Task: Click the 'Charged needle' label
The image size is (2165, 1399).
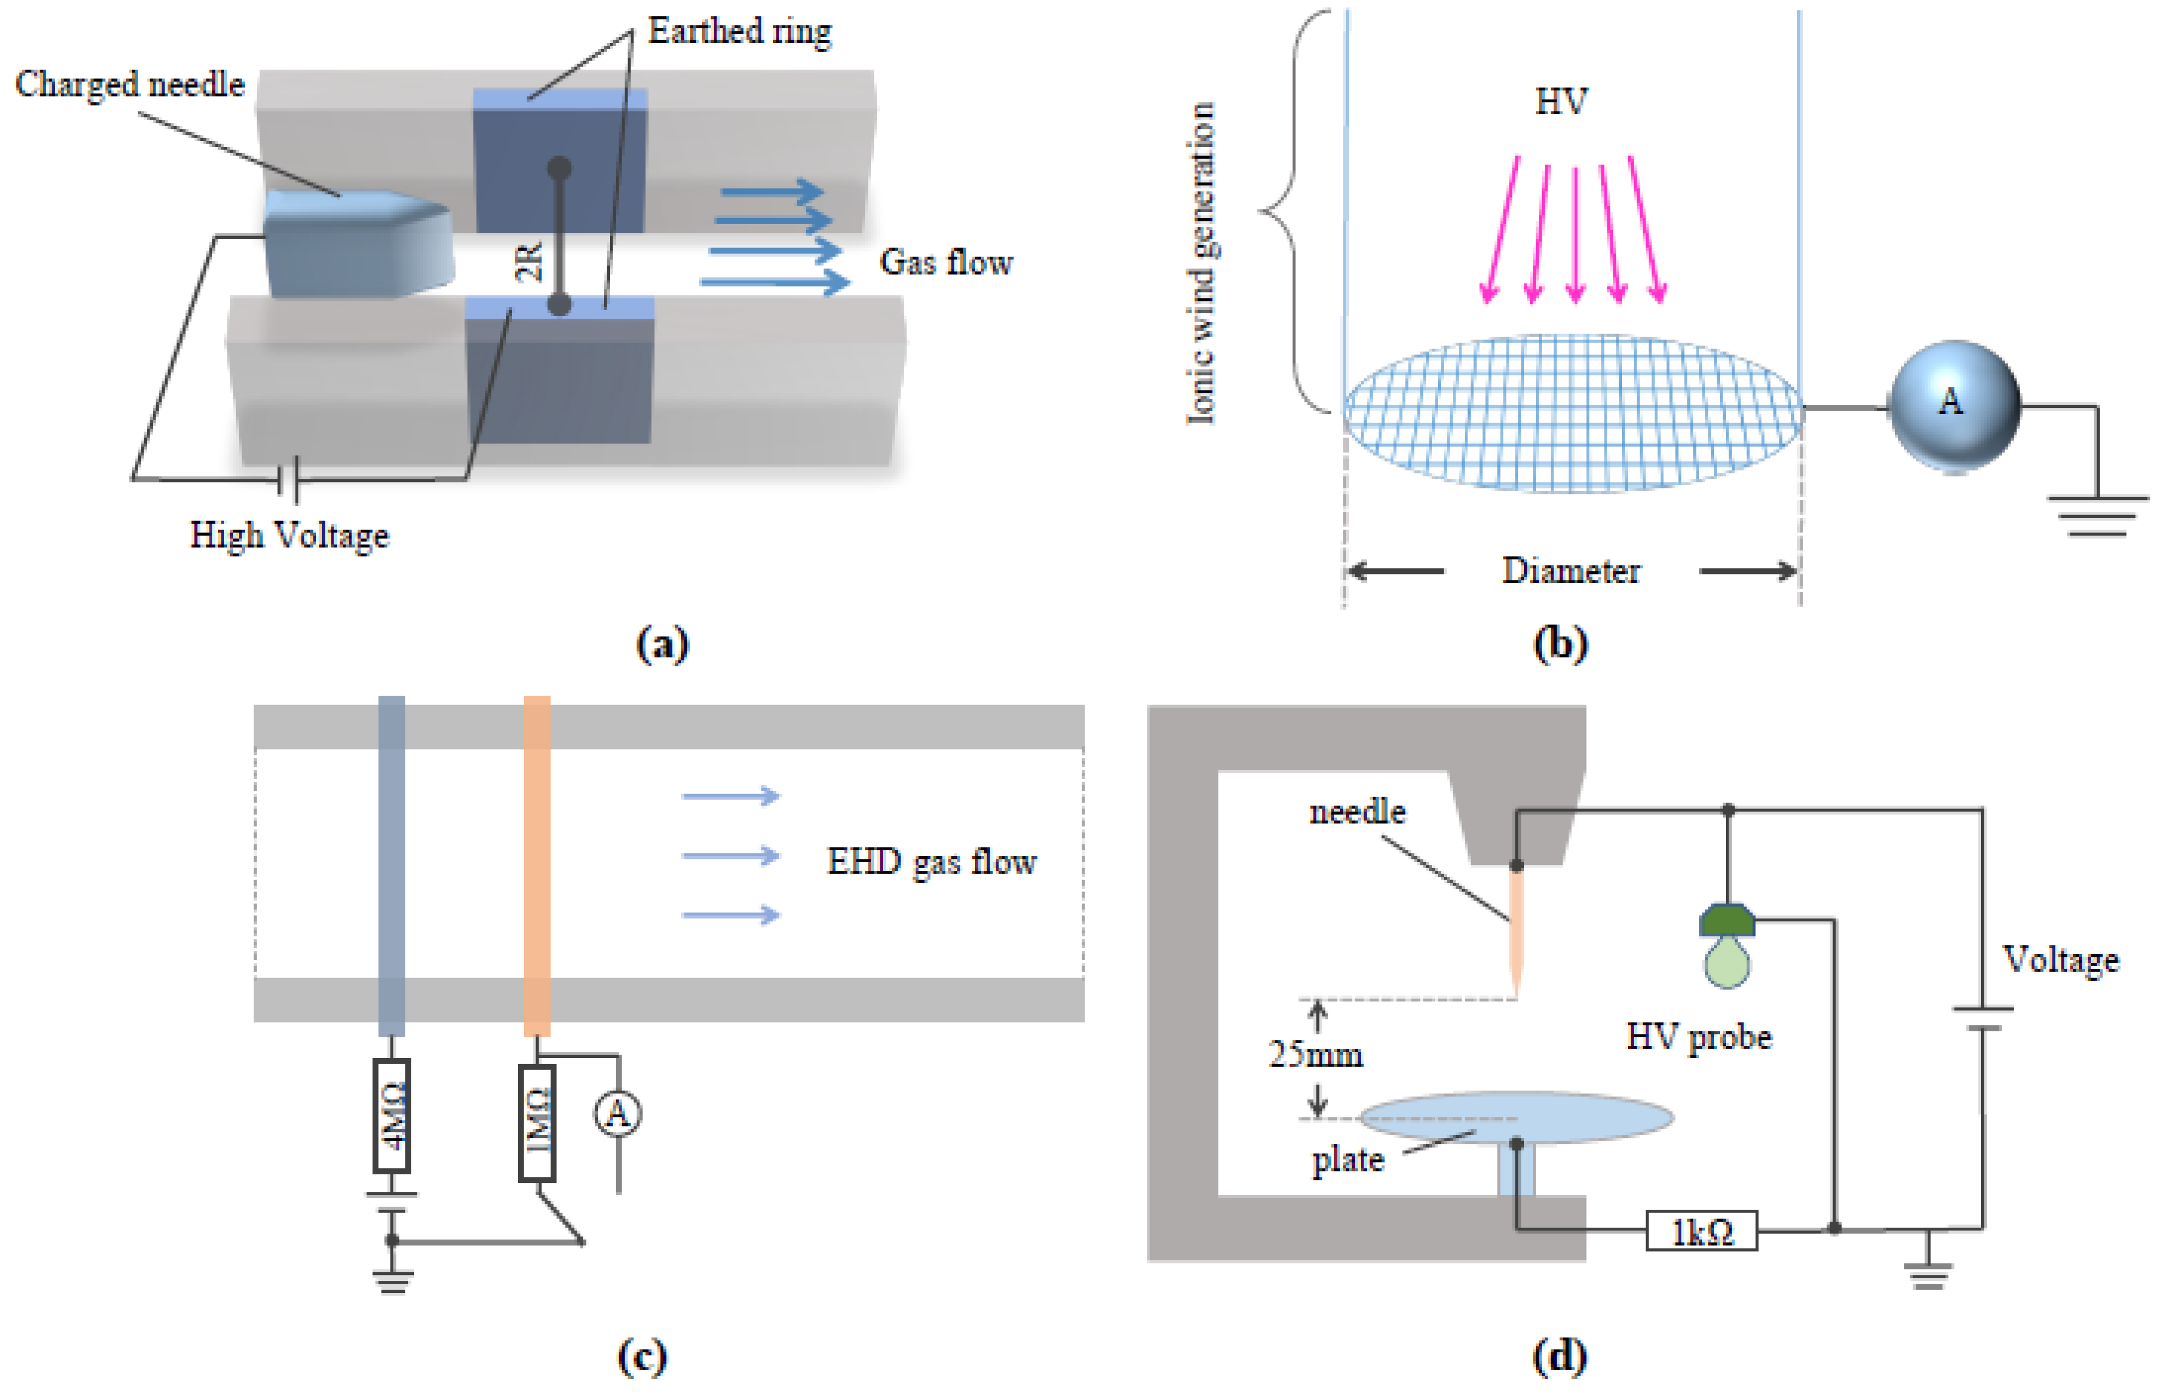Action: tap(130, 84)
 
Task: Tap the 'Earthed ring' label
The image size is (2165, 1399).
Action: tap(739, 32)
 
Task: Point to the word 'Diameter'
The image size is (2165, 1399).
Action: tap(1571, 571)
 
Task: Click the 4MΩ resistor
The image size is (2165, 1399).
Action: tap(392, 1116)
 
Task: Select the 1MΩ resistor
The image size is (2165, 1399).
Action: tap(537, 1123)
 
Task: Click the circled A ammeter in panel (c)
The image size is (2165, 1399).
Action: tap(618, 1113)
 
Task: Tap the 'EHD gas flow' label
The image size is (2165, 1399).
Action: tap(931, 861)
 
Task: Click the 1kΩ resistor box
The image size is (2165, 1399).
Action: tap(1701, 1231)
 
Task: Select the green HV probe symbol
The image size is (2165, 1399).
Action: tap(1726, 945)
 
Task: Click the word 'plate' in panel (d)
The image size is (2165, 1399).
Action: tap(1347, 1160)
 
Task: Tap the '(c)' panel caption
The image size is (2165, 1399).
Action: tap(642, 1357)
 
